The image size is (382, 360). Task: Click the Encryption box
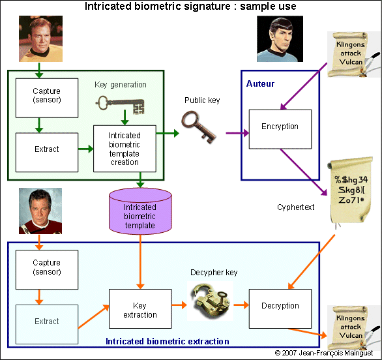click(280, 127)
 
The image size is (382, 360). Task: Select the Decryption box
click(280, 306)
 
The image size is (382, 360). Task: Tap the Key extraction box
click(140, 310)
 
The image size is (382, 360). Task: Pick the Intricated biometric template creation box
click(125, 149)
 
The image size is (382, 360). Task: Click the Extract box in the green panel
click(46, 149)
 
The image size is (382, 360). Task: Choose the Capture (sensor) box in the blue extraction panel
click(46, 267)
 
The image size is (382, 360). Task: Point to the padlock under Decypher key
click(209, 300)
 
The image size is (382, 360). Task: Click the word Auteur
click(260, 84)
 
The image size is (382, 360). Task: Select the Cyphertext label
click(297, 207)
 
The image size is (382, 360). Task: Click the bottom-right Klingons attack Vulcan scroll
click(351, 326)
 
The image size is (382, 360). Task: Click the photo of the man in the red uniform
click(40, 211)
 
